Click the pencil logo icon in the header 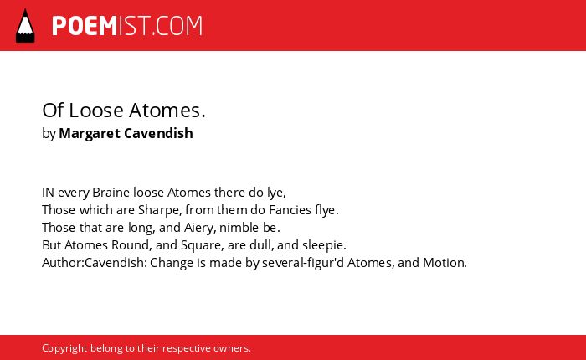pyautogui.click(x=25, y=26)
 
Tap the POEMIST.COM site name pyautogui.click(x=127, y=26)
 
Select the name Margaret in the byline pyautogui.click(x=90, y=133)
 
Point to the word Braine pyautogui.click(x=111, y=193)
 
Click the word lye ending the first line pyautogui.click(x=276, y=193)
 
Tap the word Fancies pyautogui.click(x=290, y=209)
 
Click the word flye pyautogui.click(x=326, y=210)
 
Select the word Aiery pyautogui.click(x=200, y=228)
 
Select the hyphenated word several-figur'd pyautogui.click(x=303, y=263)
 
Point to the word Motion pyautogui.click(x=445, y=262)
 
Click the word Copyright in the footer pyautogui.click(x=64, y=348)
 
